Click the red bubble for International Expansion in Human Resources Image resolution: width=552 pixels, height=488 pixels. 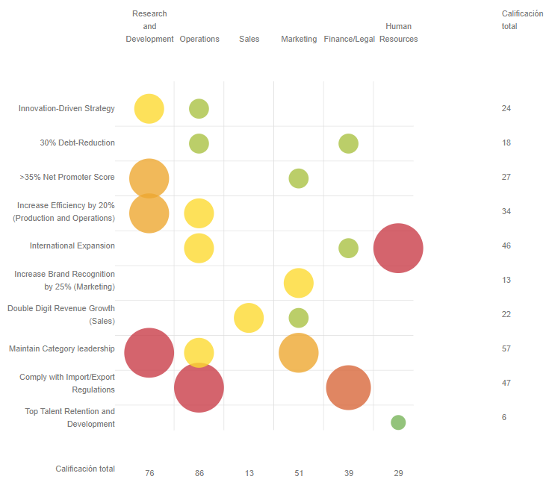(x=398, y=248)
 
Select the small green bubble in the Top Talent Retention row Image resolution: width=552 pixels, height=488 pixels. (x=398, y=422)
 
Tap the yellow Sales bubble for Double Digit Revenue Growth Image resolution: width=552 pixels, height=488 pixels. (x=249, y=318)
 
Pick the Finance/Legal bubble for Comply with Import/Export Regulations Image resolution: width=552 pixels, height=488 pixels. (x=348, y=387)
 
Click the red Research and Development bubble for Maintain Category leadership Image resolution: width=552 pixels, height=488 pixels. (x=149, y=352)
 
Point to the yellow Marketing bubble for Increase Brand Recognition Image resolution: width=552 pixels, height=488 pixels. (x=299, y=283)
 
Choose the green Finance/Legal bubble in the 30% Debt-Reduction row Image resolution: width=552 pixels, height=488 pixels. (x=348, y=143)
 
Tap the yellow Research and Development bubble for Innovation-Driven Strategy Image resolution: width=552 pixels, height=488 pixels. (x=149, y=109)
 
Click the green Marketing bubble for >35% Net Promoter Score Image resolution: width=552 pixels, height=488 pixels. (x=299, y=178)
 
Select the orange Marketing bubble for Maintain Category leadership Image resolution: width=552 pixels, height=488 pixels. (x=299, y=352)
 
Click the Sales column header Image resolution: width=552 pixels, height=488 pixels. (x=249, y=40)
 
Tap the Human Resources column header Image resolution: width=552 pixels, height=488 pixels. (x=398, y=33)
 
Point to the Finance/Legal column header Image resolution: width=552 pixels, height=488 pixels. (x=349, y=40)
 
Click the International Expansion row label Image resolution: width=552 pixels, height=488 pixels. (x=72, y=245)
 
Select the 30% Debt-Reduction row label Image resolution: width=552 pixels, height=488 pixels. (x=77, y=143)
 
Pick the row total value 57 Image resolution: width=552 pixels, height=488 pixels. (x=506, y=348)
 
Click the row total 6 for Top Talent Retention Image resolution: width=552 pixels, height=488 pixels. (x=504, y=417)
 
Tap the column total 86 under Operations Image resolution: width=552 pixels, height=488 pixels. (x=199, y=473)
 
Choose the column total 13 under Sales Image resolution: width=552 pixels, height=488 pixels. (x=249, y=473)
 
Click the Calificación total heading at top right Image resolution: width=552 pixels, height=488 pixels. (x=522, y=20)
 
